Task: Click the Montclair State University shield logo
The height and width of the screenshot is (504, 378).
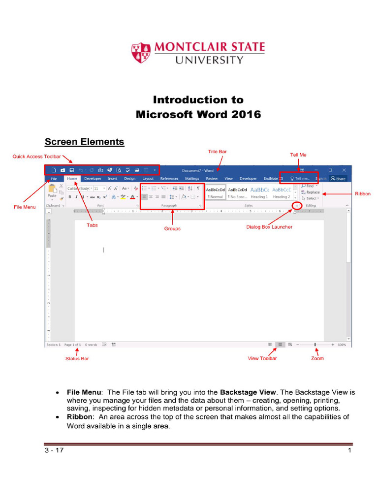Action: click(141, 53)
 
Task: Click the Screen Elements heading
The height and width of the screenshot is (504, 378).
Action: click(84, 142)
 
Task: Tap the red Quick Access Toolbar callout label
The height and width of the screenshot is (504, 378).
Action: click(36, 157)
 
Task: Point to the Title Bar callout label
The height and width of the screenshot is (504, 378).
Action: click(218, 152)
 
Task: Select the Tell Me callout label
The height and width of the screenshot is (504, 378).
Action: click(298, 155)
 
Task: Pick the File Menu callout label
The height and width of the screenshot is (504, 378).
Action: click(25, 207)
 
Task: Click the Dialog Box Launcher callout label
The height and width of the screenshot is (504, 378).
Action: click(269, 227)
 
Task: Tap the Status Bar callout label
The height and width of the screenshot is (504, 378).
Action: click(77, 358)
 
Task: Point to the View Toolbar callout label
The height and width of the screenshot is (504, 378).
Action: click(262, 358)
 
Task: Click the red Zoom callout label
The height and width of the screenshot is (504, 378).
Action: click(317, 358)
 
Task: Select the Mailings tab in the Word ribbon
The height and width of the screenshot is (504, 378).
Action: click(192, 179)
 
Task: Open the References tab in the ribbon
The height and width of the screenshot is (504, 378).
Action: click(169, 179)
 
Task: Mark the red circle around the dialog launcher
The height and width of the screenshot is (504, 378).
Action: click(296, 205)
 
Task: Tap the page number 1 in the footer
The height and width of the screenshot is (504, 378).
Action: click(349, 450)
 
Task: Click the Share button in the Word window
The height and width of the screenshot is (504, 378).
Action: click(338, 179)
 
